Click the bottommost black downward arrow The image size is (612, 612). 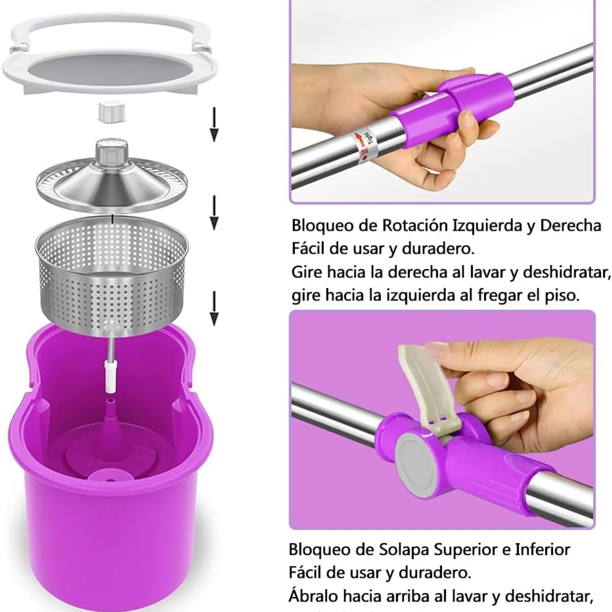(x=214, y=308)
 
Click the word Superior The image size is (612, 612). (x=465, y=549)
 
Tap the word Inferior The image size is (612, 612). (x=542, y=549)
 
